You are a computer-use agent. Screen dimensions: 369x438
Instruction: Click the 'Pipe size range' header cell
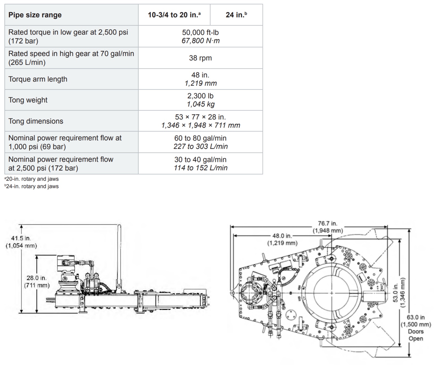35,15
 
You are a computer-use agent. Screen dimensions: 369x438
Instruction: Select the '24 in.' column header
236,15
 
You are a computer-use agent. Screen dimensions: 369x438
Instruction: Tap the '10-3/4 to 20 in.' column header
174,15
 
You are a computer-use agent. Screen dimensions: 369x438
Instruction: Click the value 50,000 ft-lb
200,32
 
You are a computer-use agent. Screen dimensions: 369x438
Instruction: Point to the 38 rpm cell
200,58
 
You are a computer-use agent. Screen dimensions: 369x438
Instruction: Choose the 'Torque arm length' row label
38,79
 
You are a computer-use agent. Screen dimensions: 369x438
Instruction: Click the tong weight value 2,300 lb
200,96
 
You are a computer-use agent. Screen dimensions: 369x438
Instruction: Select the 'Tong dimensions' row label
36,121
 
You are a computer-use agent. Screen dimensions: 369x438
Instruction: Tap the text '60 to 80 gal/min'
200,138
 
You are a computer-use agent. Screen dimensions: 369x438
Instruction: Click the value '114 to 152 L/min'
200,168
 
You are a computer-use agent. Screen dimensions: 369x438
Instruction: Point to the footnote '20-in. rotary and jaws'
32,179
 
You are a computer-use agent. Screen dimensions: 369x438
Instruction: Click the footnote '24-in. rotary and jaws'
32,186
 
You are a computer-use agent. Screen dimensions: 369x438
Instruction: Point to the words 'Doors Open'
416,335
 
